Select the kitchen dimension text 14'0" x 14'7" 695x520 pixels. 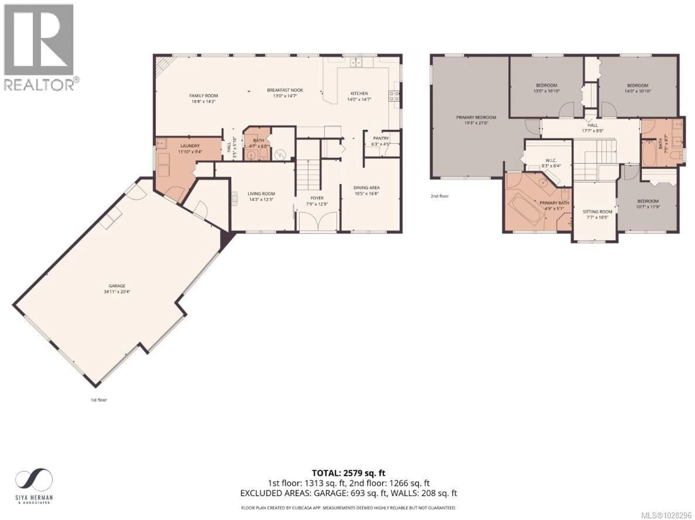[x=359, y=99]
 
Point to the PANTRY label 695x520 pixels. [x=381, y=138]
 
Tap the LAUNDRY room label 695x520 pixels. [x=190, y=146]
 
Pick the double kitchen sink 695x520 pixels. [x=356, y=63]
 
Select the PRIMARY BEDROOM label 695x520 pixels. [x=476, y=117]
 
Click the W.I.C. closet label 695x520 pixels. [x=549, y=160]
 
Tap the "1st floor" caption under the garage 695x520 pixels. [x=99, y=400]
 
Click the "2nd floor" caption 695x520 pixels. [x=440, y=196]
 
